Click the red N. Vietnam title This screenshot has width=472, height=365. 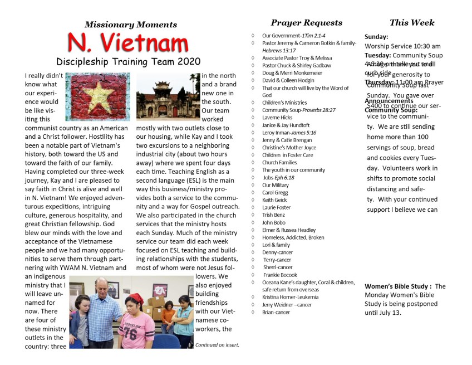pos(128,43)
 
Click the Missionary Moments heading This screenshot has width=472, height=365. pos(131,25)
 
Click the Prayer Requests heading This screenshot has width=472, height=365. pos(306,23)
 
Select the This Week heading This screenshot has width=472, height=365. pos(412,23)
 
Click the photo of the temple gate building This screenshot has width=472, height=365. pos(167,97)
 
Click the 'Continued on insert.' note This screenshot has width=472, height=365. pos(217,345)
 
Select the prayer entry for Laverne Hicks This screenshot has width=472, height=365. pos(277,118)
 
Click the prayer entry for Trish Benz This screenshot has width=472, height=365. pos(273,215)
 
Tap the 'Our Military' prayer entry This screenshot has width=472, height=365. pos(276,185)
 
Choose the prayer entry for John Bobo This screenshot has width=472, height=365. pos(274,222)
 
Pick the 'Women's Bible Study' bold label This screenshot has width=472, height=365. pos(398,286)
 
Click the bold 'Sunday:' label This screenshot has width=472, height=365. pos(376,37)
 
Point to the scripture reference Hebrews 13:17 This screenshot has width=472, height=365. pos(279,50)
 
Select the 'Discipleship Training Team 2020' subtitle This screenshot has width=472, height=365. pos(128,61)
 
